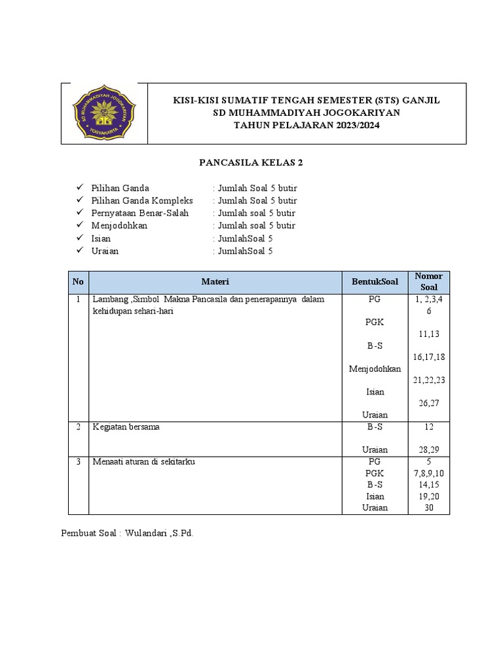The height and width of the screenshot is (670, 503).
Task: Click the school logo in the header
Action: pos(104,113)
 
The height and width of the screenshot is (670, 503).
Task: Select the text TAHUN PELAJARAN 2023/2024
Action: pos(307,126)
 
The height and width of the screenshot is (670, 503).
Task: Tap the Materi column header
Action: pos(215,282)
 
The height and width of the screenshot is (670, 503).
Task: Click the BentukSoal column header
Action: pos(375,282)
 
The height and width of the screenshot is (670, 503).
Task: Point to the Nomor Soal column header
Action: pos(429,282)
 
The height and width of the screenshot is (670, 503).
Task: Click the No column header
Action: pos(78,282)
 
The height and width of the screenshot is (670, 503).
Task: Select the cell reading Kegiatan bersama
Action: pos(126,427)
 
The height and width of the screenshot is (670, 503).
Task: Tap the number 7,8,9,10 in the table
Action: pos(429,473)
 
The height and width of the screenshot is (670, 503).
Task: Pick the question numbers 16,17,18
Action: pos(429,357)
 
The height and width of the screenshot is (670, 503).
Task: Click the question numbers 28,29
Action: pos(429,450)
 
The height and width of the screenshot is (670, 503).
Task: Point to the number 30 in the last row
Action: pos(429,508)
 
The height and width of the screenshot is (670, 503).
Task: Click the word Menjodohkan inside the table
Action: pos(375,368)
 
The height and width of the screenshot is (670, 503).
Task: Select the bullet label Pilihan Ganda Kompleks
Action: pos(142,200)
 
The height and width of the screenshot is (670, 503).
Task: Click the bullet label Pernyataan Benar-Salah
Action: pos(140,213)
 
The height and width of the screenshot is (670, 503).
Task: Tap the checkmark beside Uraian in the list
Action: pos(80,251)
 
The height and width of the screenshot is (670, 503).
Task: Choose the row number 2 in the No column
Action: pos(78,427)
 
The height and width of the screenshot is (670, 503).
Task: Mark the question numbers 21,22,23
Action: pos(429,380)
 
